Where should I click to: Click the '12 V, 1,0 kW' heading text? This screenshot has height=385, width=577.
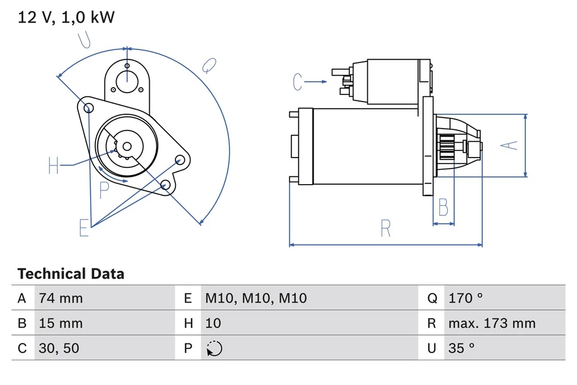(x=66, y=17)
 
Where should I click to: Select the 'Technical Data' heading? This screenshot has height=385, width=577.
(x=71, y=274)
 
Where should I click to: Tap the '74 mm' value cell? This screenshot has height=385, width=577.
(x=61, y=298)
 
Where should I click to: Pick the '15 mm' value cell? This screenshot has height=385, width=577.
(x=61, y=323)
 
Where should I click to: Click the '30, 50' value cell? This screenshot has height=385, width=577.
(x=58, y=348)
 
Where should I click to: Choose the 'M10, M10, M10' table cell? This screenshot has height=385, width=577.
(x=256, y=298)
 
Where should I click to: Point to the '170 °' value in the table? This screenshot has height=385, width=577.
(x=466, y=298)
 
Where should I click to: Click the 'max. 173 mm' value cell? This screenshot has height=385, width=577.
(x=492, y=323)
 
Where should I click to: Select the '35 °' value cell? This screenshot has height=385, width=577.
(x=462, y=348)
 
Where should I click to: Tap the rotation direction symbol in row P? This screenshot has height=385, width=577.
(x=213, y=348)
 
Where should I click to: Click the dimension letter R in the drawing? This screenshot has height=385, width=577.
(x=385, y=229)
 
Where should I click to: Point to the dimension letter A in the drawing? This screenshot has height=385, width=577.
(x=510, y=145)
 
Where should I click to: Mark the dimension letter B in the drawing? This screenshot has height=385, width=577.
(x=443, y=208)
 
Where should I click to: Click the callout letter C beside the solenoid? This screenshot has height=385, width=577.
(x=298, y=81)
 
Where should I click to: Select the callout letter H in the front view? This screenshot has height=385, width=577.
(x=53, y=165)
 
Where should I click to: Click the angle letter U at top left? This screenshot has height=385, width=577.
(x=85, y=40)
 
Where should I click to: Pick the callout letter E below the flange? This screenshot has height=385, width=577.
(x=84, y=228)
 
